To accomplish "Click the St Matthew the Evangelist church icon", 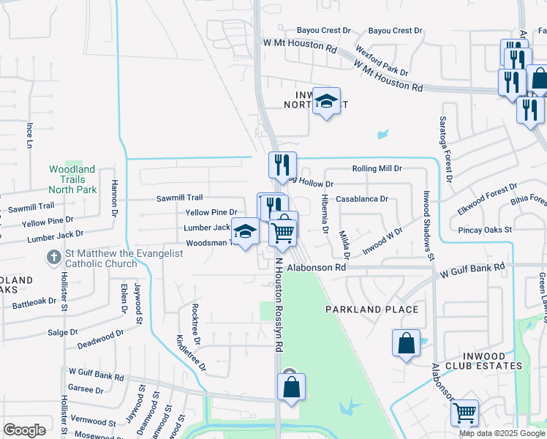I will pos(53,258).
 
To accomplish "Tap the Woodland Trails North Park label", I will pos(72,179).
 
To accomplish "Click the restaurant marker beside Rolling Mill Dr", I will pos(282,166).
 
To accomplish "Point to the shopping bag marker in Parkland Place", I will pos(406,344).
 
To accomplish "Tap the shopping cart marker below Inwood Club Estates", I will pos(464,414).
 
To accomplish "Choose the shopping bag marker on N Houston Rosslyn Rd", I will pos(291,388).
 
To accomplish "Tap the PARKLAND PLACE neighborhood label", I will pos(372,309).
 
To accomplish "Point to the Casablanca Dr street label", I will pos(361,199).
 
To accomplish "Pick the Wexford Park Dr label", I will pos(382,61).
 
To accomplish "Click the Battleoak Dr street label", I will pos(32,301).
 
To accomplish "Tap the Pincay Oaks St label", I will pos(484,230).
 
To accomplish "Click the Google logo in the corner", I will pos(24,430).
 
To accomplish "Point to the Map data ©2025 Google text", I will pos(502,433).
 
